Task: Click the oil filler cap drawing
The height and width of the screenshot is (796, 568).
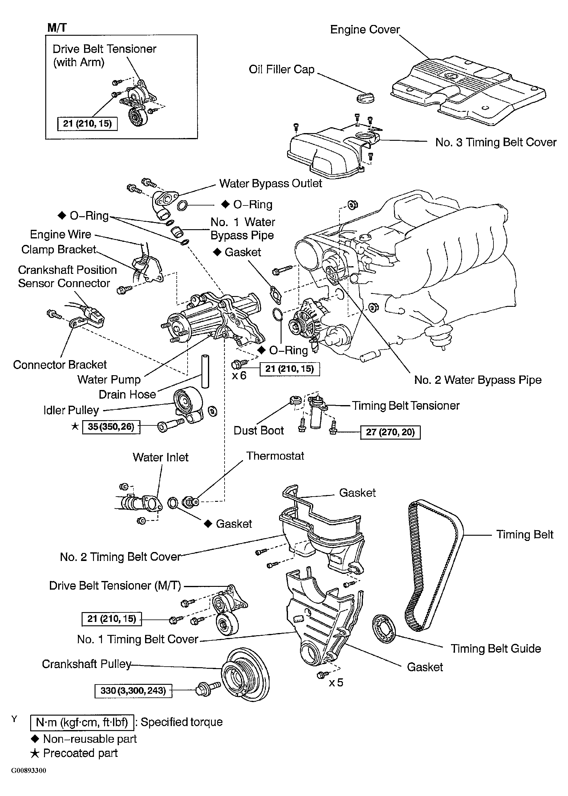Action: (366, 98)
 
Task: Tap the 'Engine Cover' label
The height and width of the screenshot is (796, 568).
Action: (365, 29)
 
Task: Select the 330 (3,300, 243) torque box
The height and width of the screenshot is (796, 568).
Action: (133, 691)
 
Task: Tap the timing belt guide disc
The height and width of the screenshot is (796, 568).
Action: (384, 628)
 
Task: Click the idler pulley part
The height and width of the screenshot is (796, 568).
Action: (188, 405)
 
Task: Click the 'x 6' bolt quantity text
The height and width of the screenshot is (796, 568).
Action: (239, 376)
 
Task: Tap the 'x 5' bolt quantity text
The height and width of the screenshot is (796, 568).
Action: (336, 682)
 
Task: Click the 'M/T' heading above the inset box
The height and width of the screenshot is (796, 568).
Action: (57, 28)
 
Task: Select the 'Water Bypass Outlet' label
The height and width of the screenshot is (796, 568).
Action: (270, 184)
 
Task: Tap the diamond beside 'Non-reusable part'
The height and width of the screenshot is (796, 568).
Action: (35, 739)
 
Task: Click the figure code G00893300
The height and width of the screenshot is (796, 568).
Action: (28, 771)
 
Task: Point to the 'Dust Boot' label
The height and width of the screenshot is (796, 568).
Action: (258, 431)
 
